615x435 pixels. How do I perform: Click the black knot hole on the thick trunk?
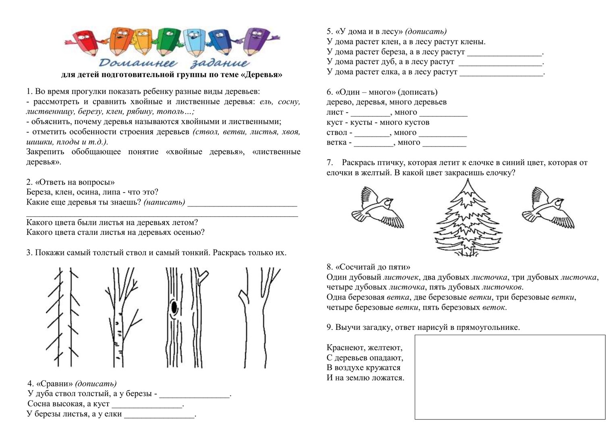point(174,307)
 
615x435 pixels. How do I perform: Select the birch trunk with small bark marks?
point(117,318)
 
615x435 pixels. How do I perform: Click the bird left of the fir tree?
point(377,207)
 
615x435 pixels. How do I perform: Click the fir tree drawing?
point(467,220)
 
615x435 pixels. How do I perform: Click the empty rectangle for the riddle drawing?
point(510,377)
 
